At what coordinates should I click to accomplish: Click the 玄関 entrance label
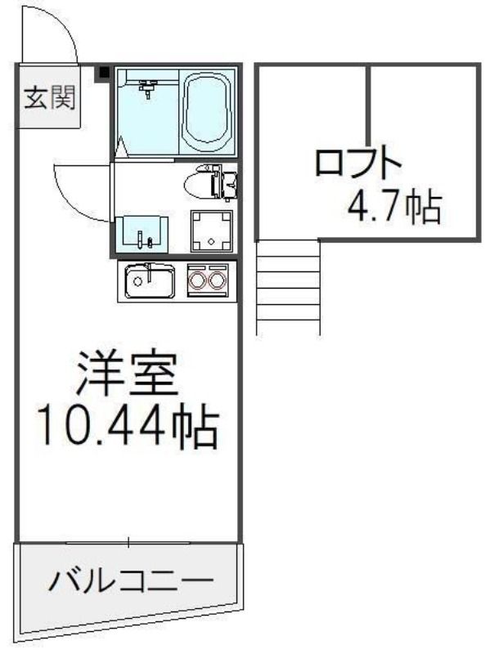50,97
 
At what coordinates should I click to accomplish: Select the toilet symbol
210,182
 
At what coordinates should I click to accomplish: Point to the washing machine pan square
212,231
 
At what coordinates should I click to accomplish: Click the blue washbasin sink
141,235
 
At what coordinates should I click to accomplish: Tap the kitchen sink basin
150,281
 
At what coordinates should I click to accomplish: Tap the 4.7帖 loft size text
394,206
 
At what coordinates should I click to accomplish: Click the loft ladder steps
289,288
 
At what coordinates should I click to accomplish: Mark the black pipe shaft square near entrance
104,73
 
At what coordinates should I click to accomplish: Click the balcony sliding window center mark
129,543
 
